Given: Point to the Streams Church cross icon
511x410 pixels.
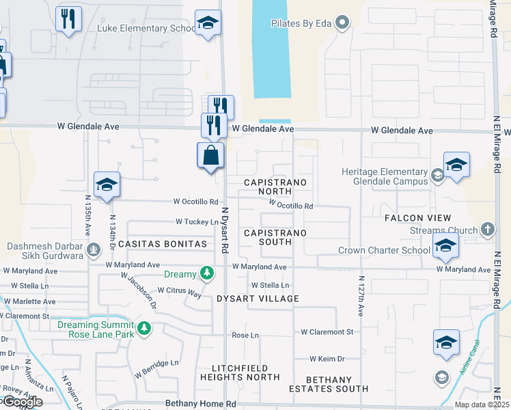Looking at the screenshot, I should point(487,230).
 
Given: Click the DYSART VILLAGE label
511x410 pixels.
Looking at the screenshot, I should point(258,299).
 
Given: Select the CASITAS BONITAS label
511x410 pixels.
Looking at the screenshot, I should point(162,243).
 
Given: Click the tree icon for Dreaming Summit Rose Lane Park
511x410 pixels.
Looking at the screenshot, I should point(143,329).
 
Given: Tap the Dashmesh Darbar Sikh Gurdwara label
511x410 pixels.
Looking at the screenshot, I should point(45,251).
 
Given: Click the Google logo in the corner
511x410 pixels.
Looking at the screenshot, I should point(22,402).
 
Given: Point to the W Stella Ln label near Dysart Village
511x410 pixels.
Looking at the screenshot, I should point(270,285).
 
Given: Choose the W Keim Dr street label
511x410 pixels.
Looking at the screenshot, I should point(329,359).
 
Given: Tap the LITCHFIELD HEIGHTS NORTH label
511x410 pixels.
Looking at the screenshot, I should point(235,372).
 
